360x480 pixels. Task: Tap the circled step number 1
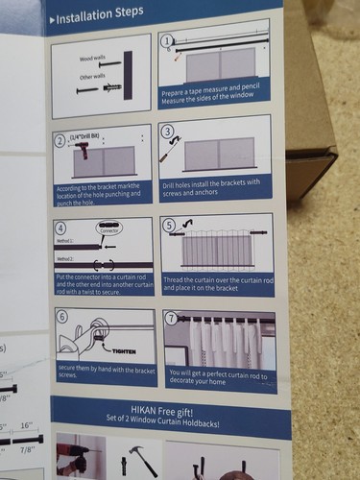(167, 40)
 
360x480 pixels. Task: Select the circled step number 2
(60, 140)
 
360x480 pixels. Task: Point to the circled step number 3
(167, 131)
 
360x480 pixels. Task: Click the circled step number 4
(60, 228)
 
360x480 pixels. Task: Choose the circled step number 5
(170, 227)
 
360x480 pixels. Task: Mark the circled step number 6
(61, 316)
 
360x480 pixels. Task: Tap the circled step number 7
(172, 318)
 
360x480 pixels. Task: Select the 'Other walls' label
(92, 76)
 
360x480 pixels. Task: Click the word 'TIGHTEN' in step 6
(124, 351)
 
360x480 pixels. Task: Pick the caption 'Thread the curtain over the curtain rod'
(217, 279)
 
